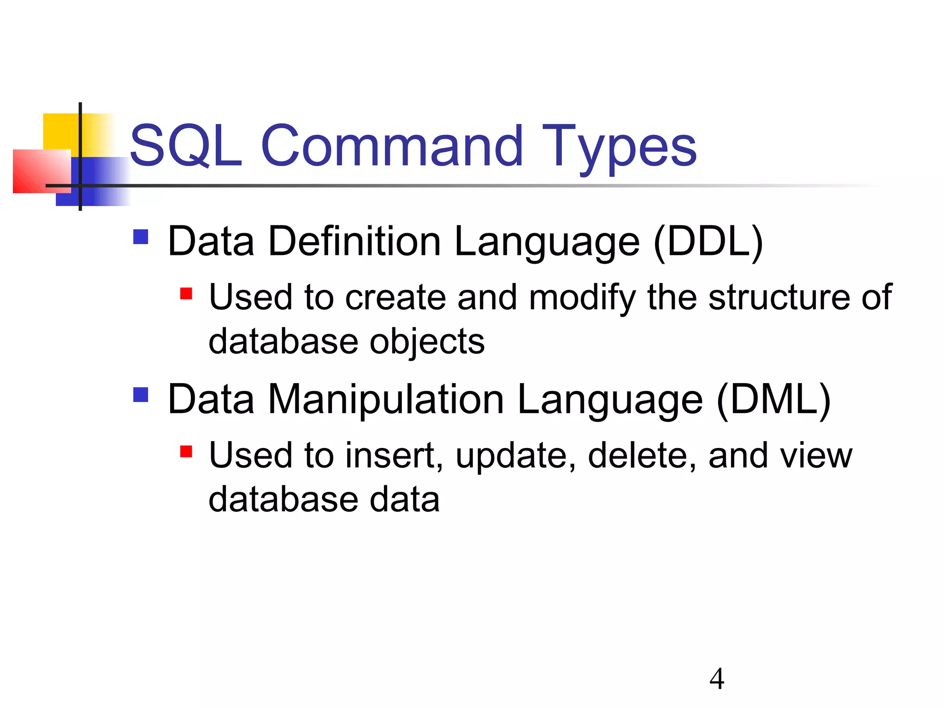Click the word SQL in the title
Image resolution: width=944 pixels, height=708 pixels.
[x=186, y=146]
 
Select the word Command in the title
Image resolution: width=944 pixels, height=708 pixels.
[x=392, y=146]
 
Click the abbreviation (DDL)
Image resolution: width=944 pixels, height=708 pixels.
[x=708, y=242]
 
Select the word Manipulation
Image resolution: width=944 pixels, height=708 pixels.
[x=386, y=400]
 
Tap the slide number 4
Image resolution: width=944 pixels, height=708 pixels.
[x=717, y=679]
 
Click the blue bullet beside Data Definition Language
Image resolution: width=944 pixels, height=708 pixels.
[x=141, y=237]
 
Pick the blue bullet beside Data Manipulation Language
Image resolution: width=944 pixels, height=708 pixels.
[x=141, y=395]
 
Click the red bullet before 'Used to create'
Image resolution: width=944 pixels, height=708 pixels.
[x=186, y=294]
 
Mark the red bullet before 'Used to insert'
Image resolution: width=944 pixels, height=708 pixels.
[x=186, y=451]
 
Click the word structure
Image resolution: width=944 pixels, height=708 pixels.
[x=779, y=297]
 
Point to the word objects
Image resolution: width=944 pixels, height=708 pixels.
[x=427, y=342]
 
